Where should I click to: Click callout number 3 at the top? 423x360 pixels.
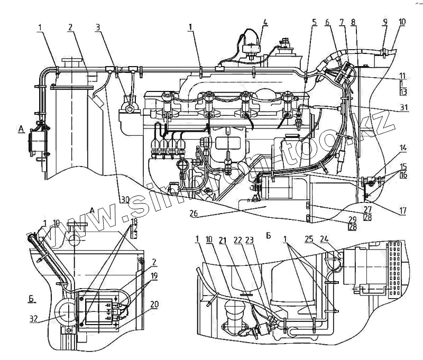(x=99, y=26)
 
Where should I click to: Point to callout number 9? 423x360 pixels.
(x=385, y=22)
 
